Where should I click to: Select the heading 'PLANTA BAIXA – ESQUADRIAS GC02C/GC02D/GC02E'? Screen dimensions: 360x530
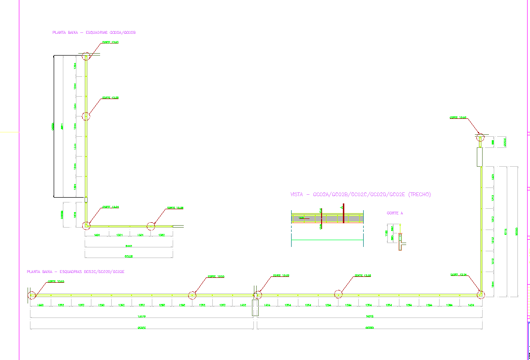click(75, 272)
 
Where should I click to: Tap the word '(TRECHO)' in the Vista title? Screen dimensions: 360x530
click(419, 195)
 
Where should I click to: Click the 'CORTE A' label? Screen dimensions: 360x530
click(395, 213)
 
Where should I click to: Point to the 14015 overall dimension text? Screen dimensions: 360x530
click(371, 317)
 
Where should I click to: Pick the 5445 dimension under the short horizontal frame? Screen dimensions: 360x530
click(129, 246)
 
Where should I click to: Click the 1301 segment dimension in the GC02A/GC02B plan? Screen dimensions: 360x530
click(119, 235)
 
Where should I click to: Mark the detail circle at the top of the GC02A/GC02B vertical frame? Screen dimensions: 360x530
click(86, 56)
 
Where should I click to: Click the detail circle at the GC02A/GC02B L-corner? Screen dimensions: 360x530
click(86, 225)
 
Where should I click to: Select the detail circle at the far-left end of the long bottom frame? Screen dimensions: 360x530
click(31, 294)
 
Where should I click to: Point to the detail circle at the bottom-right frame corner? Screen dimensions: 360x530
click(481, 294)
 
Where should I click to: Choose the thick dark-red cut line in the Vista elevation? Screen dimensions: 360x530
click(343, 215)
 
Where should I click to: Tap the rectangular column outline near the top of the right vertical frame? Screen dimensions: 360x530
click(480, 157)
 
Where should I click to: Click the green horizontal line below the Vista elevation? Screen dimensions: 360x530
click(327, 240)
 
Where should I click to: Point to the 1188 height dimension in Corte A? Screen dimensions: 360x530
click(386, 233)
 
